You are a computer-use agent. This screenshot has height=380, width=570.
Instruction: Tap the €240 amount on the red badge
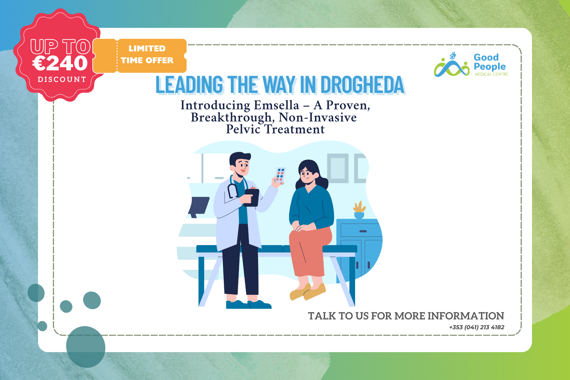tap(60, 63)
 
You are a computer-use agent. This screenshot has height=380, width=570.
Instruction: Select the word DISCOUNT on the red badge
tap(62, 80)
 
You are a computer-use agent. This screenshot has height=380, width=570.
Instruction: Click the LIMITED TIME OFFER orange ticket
tap(140, 56)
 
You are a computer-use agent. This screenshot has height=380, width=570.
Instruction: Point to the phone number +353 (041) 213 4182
tap(476, 327)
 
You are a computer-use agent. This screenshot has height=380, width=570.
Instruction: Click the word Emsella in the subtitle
tap(276, 105)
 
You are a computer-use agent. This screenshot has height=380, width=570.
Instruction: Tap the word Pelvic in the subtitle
tap(243, 129)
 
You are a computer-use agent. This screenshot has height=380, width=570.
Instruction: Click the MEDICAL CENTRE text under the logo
tap(491, 74)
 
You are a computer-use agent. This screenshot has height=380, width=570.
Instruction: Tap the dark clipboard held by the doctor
tap(251, 197)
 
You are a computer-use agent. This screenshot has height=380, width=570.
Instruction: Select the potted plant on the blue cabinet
tap(359, 210)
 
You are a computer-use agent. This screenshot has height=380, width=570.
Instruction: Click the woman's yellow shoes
tap(308, 292)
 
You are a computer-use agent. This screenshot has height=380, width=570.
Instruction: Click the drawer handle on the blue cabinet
tap(363, 231)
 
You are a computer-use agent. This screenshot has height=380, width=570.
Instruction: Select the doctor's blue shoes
tap(248, 304)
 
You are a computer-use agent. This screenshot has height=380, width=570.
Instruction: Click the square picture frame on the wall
tap(338, 168)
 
